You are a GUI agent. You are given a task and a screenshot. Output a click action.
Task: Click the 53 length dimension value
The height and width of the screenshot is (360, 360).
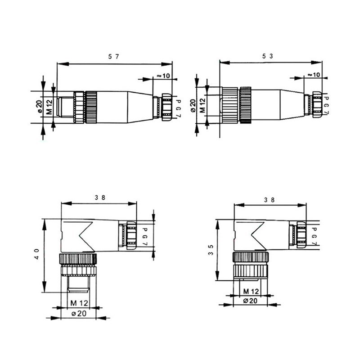point(270,55)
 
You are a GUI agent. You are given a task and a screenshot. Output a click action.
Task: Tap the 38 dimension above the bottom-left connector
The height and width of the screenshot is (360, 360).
point(100,197)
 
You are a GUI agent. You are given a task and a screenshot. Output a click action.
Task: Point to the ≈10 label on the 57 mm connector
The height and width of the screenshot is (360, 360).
point(164,76)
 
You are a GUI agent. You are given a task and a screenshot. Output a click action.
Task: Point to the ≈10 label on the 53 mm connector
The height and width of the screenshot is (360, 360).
point(313,74)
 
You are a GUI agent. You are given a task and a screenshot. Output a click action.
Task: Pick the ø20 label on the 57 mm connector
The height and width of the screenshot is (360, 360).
point(39,107)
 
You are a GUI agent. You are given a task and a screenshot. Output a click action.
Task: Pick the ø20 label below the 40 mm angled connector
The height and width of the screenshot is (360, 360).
point(79,314)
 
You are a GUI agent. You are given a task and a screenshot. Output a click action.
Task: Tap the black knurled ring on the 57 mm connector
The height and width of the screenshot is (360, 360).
point(91,107)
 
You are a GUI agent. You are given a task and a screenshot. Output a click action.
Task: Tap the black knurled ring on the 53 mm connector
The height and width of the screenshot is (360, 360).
point(246,105)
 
